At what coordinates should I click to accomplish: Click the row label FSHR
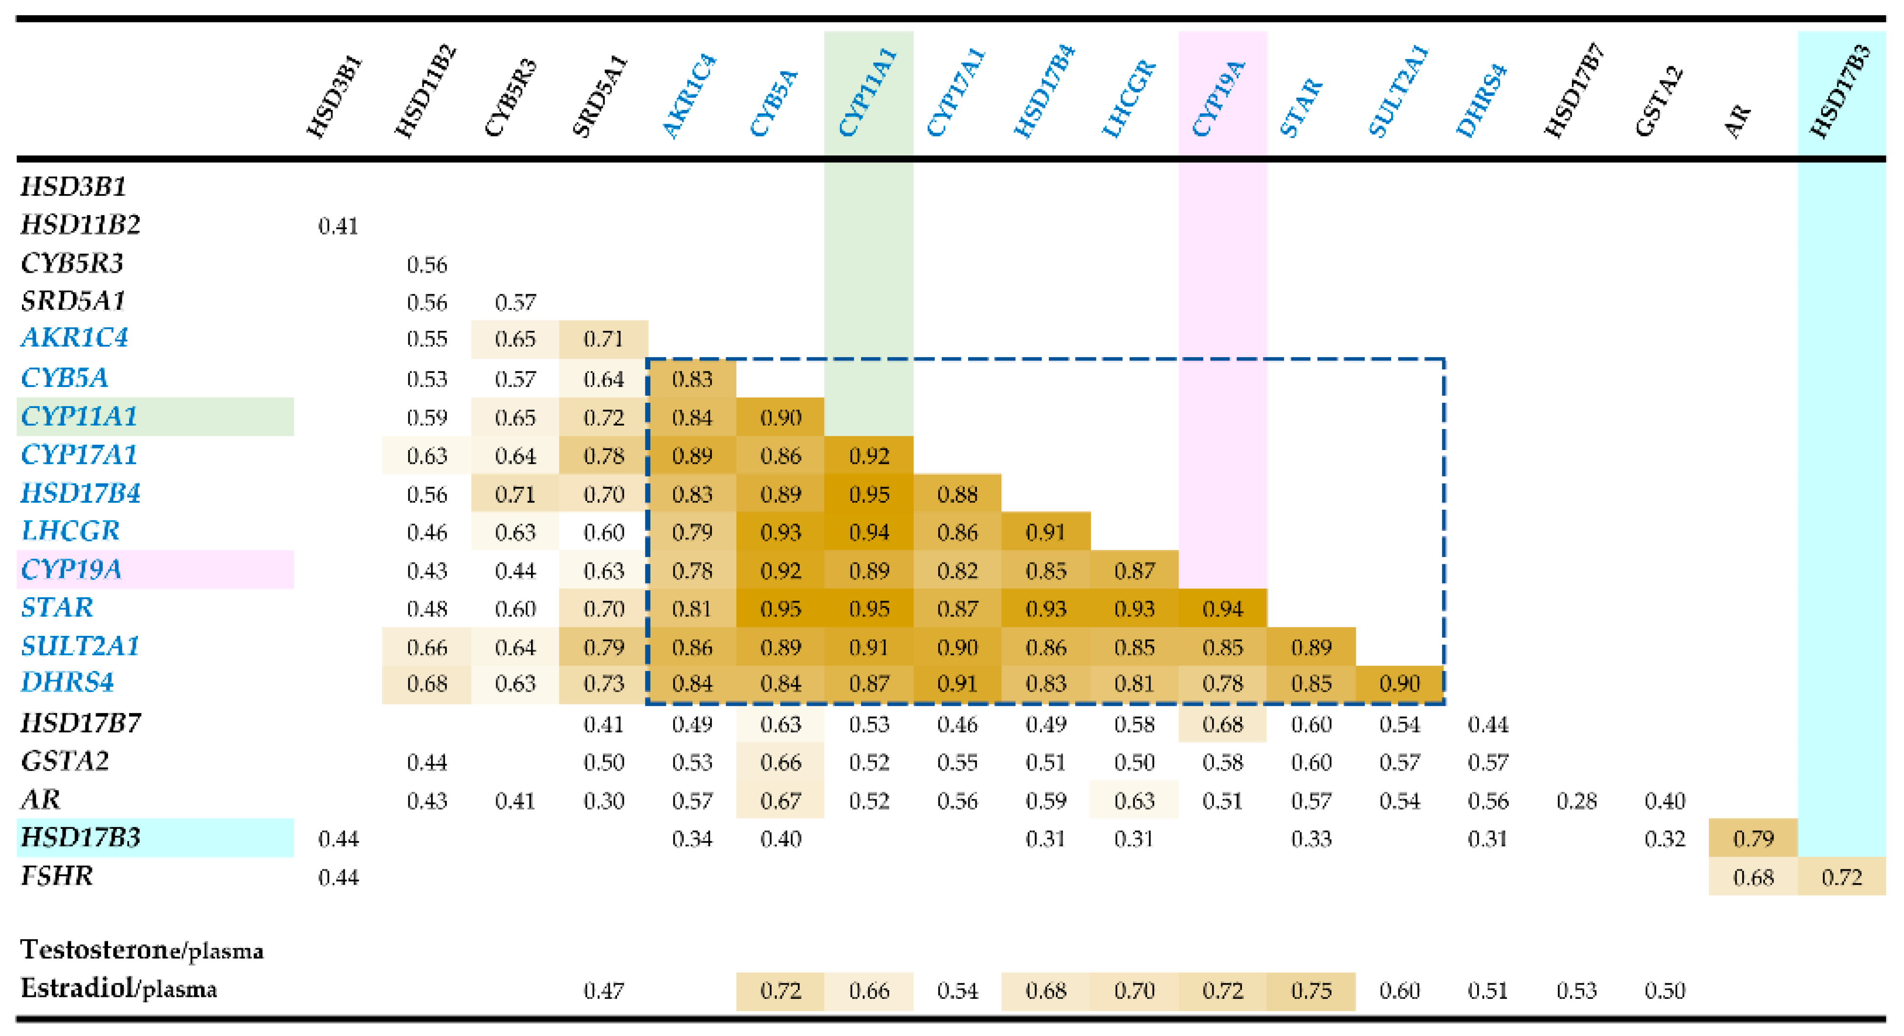coord(57,876)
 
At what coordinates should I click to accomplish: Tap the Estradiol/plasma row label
coord(118,988)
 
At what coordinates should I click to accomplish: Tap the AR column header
coord(1738,120)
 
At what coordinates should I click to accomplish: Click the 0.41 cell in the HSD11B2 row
coord(338,226)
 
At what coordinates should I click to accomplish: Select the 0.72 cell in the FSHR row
coord(1841,877)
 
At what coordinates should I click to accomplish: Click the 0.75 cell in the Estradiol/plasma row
coord(1310,990)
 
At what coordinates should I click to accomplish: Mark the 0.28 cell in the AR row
coord(1576,800)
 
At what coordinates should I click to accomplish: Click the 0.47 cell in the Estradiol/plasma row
coord(603,990)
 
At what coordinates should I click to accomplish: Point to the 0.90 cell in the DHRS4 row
coord(1399,684)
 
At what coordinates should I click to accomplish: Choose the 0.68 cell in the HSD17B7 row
coord(1222,724)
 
